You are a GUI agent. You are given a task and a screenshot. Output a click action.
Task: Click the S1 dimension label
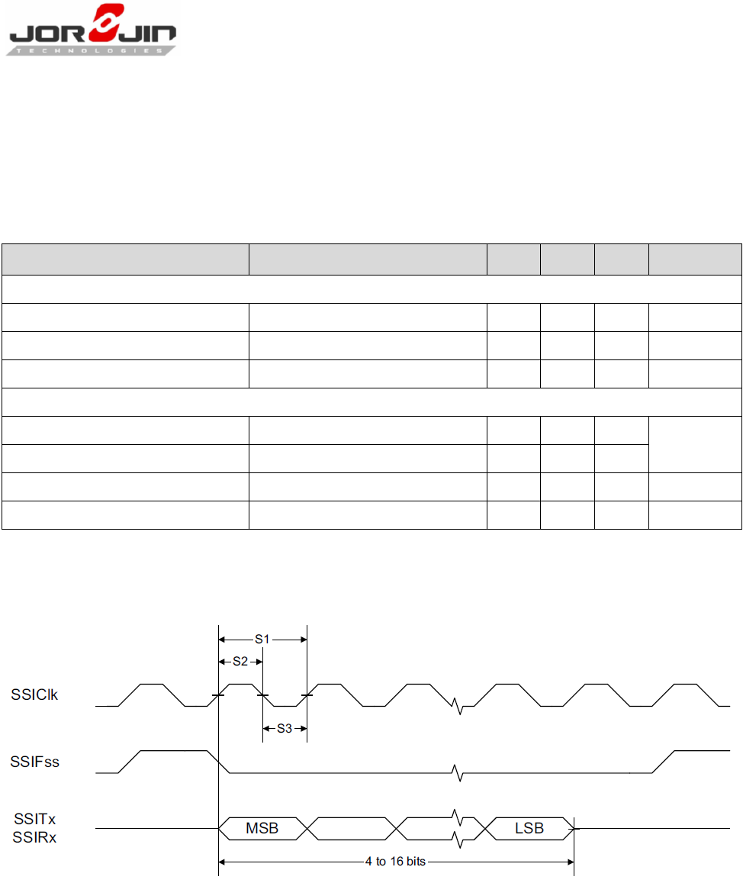pyautogui.click(x=262, y=639)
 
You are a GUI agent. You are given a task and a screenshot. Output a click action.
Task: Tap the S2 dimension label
pyautogui.click(x=240, y=662)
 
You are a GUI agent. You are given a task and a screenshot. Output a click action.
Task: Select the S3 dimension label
pyautogui.click(x=284, y=728)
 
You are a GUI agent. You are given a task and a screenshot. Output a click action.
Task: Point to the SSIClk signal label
pyautogui.click(x=34, y=694)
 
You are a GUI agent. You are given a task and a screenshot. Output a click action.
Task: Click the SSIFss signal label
pyautogui.click(x=34, y=761)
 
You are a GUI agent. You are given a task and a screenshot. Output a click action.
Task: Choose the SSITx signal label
pyautogui.click(x=34, y=819)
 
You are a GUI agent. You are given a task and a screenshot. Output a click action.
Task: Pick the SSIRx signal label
pyautogui.click(x=34, y=836)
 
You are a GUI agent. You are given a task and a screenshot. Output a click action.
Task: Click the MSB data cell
pyautogui.click(x=262, y=828)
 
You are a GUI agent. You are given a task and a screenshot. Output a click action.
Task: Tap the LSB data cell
pyautogui.click(x=529, y=828)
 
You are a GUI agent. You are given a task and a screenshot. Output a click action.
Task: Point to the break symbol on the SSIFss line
pyautogui.click(x=456, y=773)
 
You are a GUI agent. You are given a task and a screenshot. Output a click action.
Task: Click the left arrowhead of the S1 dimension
pyautogui.click(x=223, y=639)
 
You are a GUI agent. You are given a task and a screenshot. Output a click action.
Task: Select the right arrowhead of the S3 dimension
pyautogui.click(x=303, y=728)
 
